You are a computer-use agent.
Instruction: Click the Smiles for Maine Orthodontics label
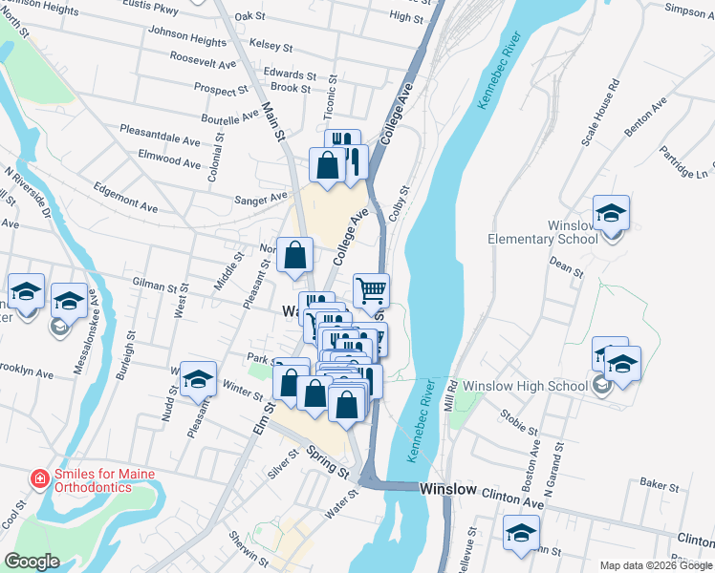click(x=103, y=481)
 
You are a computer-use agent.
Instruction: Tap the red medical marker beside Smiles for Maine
click(x=39, y=478)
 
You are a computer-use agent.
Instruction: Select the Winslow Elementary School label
click(x=543, y=232)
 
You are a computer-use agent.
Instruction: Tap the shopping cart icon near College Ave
click(x=371, y=288)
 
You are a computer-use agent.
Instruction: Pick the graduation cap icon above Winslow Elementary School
click(x=611, y=212)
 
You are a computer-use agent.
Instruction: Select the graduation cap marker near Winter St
click(x=198, y=380)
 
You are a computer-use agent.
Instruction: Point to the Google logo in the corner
click(x=32, y=562)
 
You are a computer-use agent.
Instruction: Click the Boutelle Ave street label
click(x=230, y=117)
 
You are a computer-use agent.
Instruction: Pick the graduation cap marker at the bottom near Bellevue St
click(x=522, y=532)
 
